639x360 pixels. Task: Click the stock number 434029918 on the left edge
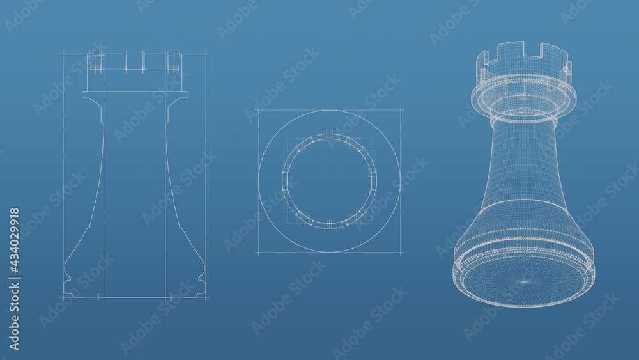14,278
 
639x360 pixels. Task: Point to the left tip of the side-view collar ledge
83,95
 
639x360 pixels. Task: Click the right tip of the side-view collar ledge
187,95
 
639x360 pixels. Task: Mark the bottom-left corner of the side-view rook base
64,296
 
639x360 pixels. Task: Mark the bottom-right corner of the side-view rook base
205,296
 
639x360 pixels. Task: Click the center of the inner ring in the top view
329,181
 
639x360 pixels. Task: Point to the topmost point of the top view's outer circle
329,111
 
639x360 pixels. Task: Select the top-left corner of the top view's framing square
258,110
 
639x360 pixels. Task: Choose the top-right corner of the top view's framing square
401,110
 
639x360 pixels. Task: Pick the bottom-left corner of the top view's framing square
258,252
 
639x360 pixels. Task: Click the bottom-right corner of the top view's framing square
401,252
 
